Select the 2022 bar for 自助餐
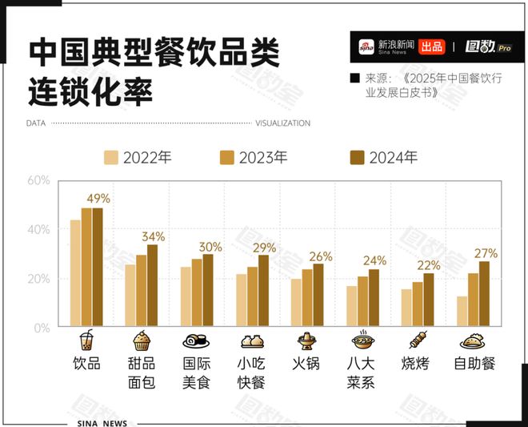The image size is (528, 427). [x=462, y=312]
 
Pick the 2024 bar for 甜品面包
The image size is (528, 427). [x=152, y=285]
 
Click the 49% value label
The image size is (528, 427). [x=98, y=199]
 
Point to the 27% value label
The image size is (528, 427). [x=486, y=253]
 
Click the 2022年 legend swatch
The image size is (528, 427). [x=111, y=157]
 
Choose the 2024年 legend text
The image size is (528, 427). [x=393, y=157]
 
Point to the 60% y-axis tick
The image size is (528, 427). [x=38, y=180]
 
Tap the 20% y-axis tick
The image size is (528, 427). [x=38, y=279]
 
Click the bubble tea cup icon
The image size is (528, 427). [x=86, y=340]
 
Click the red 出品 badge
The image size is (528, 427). [x=431, y=46]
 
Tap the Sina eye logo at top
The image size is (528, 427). [x=366, y=46]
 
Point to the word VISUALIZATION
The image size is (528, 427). [x=282, y=123]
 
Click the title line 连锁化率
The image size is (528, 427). [x=90, y=90]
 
